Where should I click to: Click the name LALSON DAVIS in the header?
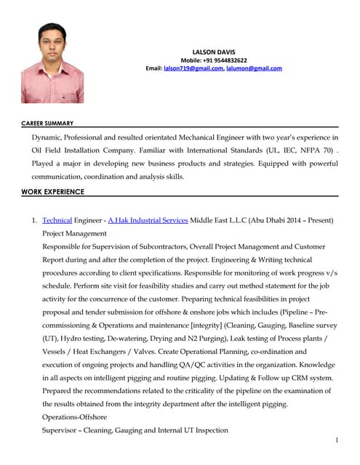213,52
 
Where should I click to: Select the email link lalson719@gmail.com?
193,68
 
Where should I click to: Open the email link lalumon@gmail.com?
255,68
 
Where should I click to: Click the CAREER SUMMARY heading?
47,124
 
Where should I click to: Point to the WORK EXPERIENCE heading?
53,192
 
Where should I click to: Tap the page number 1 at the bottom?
337,440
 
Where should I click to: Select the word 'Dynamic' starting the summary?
48,137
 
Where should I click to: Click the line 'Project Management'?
74,233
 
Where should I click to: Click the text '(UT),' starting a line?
52,338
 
